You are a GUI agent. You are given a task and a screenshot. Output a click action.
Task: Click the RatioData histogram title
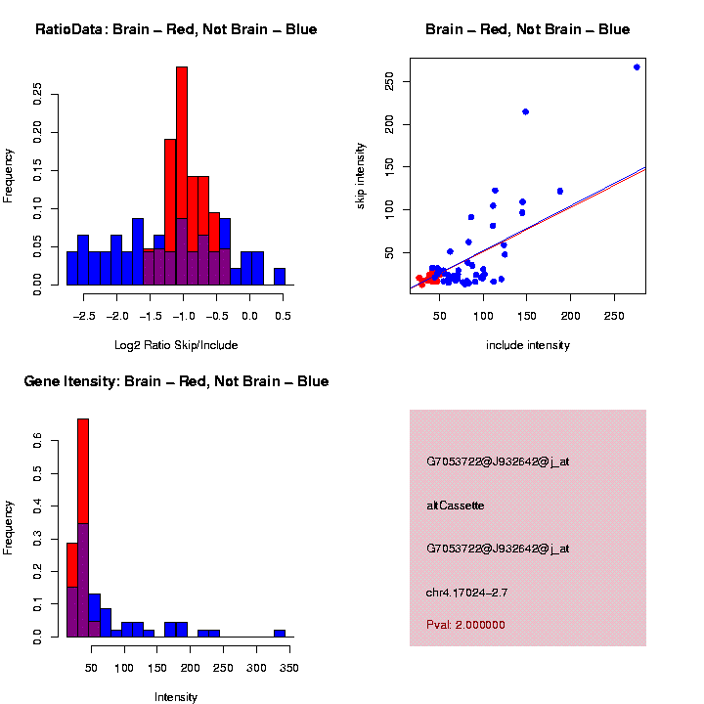(176, 29)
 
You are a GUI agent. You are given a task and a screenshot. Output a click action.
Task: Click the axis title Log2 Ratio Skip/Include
(176, 345)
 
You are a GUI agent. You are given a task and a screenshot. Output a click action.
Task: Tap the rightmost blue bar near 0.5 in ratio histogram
(280, 277)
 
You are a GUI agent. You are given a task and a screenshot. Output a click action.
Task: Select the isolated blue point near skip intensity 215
(525, 111)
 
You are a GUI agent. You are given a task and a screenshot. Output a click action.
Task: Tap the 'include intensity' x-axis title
(528, 345)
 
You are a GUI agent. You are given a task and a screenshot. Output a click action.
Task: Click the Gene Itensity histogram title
(176, 381)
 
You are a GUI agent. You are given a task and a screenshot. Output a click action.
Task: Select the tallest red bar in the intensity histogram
(83, 469)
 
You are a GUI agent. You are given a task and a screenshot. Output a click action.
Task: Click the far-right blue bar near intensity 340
(280, 633)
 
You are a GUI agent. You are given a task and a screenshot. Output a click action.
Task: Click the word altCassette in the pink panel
(456, 506)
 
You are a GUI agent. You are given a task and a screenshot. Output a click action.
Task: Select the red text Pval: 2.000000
(465, 625)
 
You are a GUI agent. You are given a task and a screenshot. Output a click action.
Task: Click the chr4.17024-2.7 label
(466, 593)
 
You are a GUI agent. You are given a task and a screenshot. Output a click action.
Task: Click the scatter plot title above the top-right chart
(528, 29)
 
